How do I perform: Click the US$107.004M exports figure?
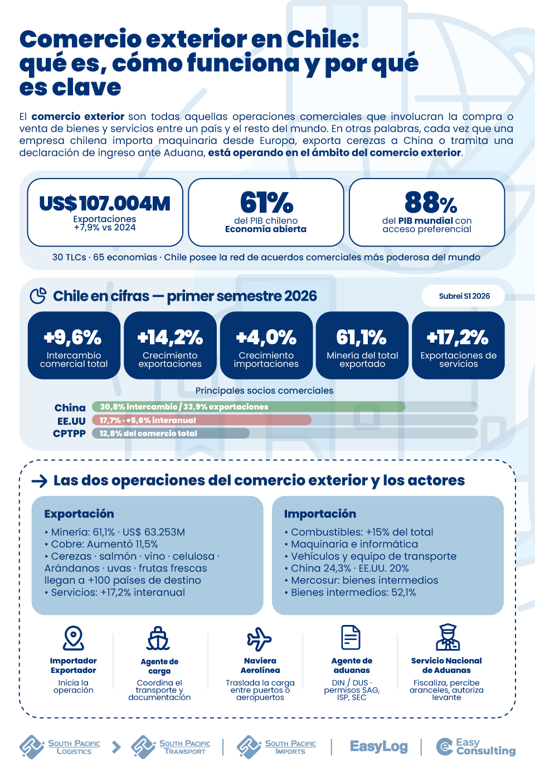pyautogui.click(x=105, y=203)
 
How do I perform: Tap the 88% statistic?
pyautogui.click(x=431, y=203)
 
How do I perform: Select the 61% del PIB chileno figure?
pyautogui.click(x=266, y=203)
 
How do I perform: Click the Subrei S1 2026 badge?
pyautogui.click(x=463, y=296)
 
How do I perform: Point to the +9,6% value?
pyautogui.click(x=73, y=337)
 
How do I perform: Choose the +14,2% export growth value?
pyautogui.click(x=170, y=337)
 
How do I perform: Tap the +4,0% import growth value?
pyautogui.click(x=266, y=337)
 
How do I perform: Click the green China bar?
pyautogui.click(x=249, y=407)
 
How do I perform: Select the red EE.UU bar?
pyautogui.click(x=202, y=420)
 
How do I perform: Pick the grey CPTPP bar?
pyautogui.click(x=171, y=434)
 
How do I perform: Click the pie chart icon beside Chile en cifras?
pyautogui.click(x=38, y=296)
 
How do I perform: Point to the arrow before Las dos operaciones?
pyautogui.click(x=39, y=481)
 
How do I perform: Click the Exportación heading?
pyautogui.click(x=79, y=513)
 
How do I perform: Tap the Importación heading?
pyautogui.click(x=320, y=513)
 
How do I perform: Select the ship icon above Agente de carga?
pyautogui.click(x=158, y=638)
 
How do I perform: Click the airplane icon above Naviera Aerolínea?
pyautogui.click(x=259, y=639)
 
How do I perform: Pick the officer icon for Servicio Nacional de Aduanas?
pyautogui.click(x=448, y=637)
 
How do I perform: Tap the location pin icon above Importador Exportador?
pyautogui.click(x=73, y=638)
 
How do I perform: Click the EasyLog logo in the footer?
pyautogui.click(x=379, y=747)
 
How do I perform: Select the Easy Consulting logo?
pyautogui.click(x=475, y=747)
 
